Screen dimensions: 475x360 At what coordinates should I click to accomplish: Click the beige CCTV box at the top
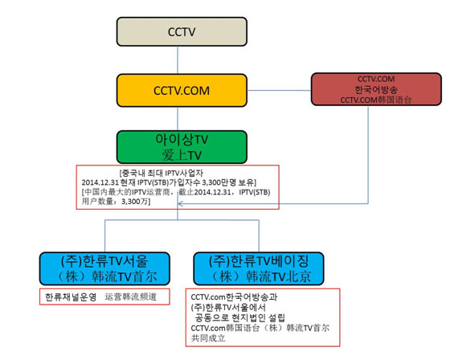coord(182,31)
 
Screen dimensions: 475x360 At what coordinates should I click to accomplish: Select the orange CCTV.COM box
coord(182,90)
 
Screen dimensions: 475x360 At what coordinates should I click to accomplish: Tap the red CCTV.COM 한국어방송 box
coord(376,89)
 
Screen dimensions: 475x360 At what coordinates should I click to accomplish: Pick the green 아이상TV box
coord(182,147)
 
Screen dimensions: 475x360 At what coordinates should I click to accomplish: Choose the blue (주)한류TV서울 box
coord(104,268)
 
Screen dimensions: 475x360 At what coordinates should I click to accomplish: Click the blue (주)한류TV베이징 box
coord(259,268)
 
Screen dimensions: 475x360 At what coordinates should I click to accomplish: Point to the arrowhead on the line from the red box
coord(180,203)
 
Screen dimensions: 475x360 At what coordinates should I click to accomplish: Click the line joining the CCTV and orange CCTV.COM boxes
coord(178,60)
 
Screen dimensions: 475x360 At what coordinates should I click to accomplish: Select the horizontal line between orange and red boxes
coord(279,90)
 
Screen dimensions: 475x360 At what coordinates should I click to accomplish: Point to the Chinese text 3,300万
coord(135,202)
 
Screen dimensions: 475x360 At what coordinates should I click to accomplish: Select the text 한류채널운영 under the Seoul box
coord(71,297)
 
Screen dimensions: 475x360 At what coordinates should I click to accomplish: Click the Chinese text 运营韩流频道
coord(130,297)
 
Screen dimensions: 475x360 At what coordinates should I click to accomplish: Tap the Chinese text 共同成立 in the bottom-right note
coord(208,338)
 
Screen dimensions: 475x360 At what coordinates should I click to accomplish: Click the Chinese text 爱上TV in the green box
coord(182,155)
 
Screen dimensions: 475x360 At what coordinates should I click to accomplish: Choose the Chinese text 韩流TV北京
coord(278,276)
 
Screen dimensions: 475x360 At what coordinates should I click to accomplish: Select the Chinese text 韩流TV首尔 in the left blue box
coord(125,276)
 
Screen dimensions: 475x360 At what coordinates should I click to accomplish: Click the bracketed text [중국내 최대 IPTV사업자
coord(162,174)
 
